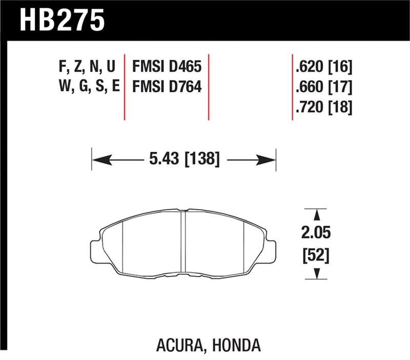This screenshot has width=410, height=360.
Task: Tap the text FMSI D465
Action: pos(167,66)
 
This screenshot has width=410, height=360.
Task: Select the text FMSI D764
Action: pos(167,87)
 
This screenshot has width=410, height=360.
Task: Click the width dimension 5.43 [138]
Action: pos(184,161)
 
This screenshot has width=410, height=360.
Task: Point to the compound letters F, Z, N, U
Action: pos(87,66)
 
